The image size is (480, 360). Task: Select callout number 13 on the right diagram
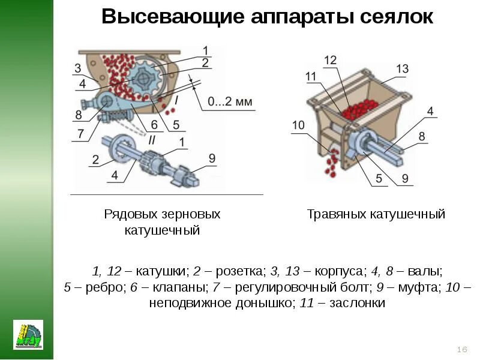[402, 69]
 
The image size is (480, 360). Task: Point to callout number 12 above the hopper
[331, 60]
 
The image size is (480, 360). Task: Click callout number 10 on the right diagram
[299, 125]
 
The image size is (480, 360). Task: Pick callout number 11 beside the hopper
[311, 76]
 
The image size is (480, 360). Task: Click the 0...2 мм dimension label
[231, 103]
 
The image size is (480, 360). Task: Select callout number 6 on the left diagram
[154, 125]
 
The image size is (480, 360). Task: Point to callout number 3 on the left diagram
[78, 67]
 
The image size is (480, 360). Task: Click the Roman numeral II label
[153, 140]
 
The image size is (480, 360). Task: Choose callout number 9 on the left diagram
[212, 158]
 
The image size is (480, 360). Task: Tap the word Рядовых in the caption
[130, 214]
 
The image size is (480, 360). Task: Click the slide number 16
[462, 350]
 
